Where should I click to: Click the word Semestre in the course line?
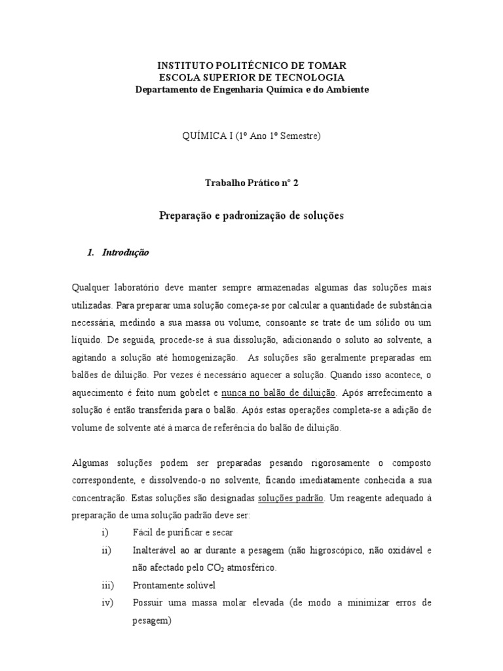click(295, 136)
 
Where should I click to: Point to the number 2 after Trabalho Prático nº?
click(295, 184)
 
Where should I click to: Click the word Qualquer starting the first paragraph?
click(90, 288)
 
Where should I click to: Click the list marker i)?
click(105, 533)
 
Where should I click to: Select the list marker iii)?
click(108, 585)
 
